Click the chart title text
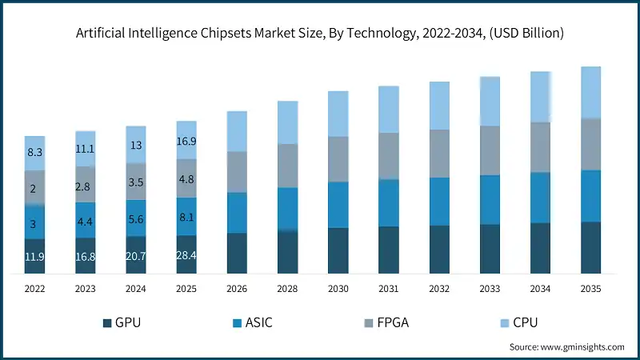point(320,34)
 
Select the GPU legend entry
point(127,322)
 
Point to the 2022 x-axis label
point(34,287)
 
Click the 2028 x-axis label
point(287,287)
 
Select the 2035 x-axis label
point(590,287)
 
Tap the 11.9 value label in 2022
point(34,257)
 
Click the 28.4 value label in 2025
point(186,255)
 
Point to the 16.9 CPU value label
point(186,142)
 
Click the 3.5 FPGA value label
point(136,182)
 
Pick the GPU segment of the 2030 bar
point(338,250)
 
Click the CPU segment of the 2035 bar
point(590,92)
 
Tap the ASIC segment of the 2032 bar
point(439,202)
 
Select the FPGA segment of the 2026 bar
point(237,172)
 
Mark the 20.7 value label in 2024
point(136,255)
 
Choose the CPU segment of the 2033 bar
point(490,102)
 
